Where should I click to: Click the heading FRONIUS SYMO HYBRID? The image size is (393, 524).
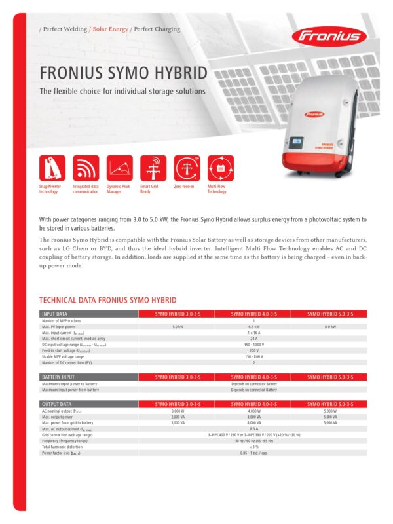coord(124,71)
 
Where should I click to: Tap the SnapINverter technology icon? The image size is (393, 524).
coord(52,168)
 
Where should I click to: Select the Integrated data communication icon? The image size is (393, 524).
coord(86,168)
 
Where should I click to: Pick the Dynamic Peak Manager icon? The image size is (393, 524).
coord(119,168)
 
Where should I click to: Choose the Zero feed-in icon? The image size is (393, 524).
coord(187,168)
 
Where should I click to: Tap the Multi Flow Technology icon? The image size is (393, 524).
coord(221,168)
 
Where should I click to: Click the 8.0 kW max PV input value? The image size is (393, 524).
coord(330,326)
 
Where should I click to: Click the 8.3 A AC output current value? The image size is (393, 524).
coord(253,428)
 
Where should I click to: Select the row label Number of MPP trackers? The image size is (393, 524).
coord(63,320)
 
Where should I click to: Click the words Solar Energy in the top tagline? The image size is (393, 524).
coord(109,29)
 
